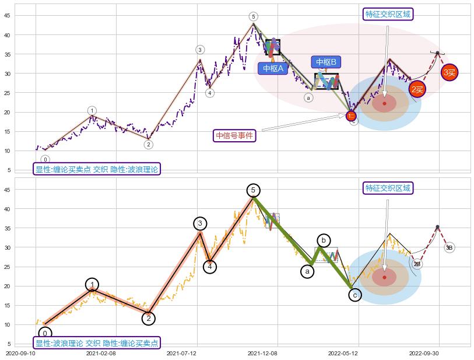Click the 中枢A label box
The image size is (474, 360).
click(273, 68)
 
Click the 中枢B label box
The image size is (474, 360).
click(326, 62)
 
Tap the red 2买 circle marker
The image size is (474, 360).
click(416, 89)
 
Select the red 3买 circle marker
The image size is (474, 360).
click(449, 73)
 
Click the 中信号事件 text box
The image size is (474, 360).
click(235, 136)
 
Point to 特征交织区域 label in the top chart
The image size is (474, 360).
click(388, 14)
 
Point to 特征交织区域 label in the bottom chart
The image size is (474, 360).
click(388, 188)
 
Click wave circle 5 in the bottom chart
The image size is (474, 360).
click(253, 190)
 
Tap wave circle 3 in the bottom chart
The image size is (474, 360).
click(200, 223)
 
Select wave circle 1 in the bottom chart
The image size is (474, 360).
click(92, 285)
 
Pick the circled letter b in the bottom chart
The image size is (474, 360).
click(324, 240)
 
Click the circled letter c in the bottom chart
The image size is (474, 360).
click(355, 295)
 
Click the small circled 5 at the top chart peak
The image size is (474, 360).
click(253, 16)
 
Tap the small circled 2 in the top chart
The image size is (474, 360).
click(149, 145)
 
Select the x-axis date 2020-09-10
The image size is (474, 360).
click(20, 353)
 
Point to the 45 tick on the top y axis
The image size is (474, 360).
click(8, 16)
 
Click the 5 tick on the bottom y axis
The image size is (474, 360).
click(9, 344)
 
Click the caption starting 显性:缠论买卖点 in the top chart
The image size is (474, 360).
click(97, 169)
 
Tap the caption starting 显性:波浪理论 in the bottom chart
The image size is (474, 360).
click(97, 343)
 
